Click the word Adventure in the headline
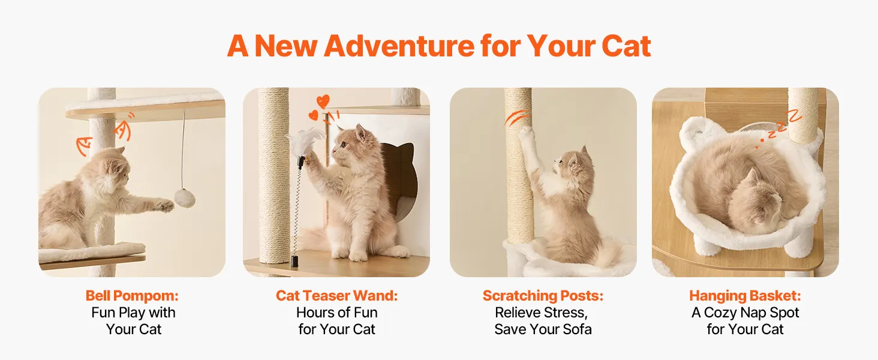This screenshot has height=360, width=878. (399, 46)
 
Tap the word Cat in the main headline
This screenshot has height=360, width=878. (626, 46)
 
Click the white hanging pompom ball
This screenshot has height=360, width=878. (184, 199)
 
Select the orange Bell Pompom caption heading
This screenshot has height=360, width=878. (132, 296)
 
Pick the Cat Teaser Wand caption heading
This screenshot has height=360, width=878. (336, 296)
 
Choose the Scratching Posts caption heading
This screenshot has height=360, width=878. (543, 296)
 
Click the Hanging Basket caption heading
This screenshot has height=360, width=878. (745, 296)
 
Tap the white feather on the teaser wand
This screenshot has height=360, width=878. (306, 142)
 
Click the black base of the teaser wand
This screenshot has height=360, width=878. (294, 261)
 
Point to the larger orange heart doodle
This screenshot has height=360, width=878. (323, 101)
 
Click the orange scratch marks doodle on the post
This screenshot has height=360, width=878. (516, 117)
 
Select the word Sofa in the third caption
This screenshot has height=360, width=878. (578, 329)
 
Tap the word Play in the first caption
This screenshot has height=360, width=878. (132, 313)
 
